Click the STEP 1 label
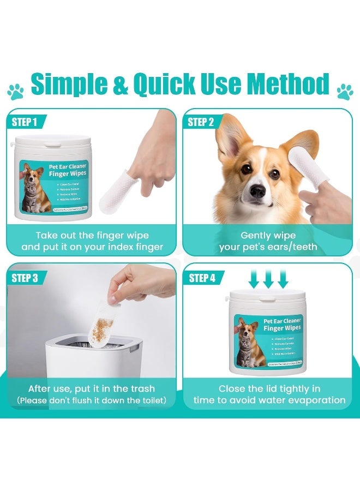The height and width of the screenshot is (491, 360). pyautogui.click(x=25, y=122)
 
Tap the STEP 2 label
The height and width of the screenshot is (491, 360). pyautogui.click(x=201, y=122)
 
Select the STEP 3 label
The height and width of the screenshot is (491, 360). pyautogui.click(x=25, y=278)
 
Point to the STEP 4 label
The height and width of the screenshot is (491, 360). pyautogui.click(x=202, y=278)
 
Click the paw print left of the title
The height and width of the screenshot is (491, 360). pyautogui.click(x=15, y=91)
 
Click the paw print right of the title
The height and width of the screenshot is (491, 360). pyautogui.click(x=345, y=91)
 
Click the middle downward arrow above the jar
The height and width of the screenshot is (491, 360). pyautogui.click(x=268, y=279)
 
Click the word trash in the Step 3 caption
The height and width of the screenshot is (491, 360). pyautogui.click(x=141, y=389)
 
